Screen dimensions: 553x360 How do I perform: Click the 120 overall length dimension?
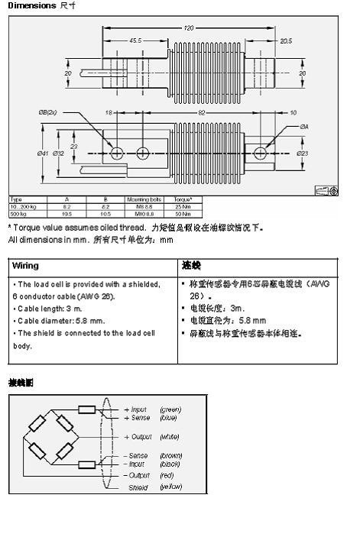(x=189, y=28)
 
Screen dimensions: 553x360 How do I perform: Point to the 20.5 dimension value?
(x=287, y=40)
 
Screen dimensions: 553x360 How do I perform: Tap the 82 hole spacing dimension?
(x=201, y=112)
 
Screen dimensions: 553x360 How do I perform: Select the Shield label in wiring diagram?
(x=138, y=487)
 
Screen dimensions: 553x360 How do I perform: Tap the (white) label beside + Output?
(x=170, y=437)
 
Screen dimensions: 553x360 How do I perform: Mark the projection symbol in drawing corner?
(x=326, y=190)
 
